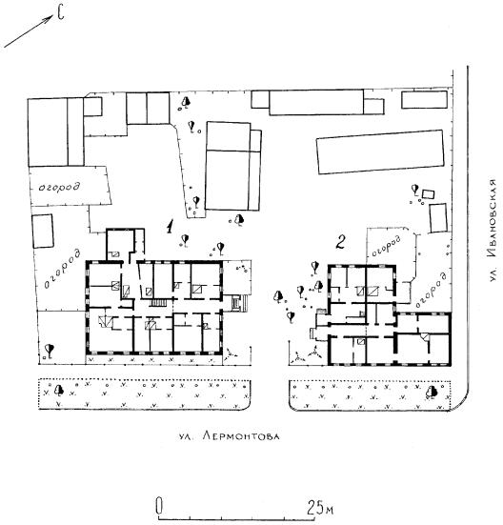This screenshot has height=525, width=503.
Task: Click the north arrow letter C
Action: coord(60,13)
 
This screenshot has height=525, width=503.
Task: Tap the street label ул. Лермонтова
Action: coord(229,436)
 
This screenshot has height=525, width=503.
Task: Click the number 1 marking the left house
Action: coord(171,227)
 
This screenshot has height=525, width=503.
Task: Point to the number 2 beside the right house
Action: coord(341,242)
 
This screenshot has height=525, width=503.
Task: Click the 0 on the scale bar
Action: coord(159,505)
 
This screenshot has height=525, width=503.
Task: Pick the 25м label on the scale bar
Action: coord(320,508)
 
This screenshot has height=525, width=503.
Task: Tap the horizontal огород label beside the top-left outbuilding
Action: coord(60,187)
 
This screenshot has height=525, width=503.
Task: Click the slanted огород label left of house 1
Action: coord(63,269)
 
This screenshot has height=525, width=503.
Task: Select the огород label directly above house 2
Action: coord(386,246)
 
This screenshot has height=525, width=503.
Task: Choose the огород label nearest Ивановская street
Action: coord(431,290)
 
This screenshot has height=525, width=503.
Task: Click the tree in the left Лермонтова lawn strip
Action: coord(59,390)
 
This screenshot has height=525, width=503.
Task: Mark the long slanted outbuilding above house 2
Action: coord(380,152)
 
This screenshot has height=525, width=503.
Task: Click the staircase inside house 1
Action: coord(158,303)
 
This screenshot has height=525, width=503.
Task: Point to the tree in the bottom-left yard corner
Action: coord(50,350)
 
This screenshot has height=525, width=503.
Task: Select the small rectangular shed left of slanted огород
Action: coord(43,231)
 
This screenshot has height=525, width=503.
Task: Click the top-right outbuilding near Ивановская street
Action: coord(424,99)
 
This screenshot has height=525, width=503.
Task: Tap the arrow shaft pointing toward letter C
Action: coord(29,31)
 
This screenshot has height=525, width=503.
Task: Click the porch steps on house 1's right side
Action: coord(239,303)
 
